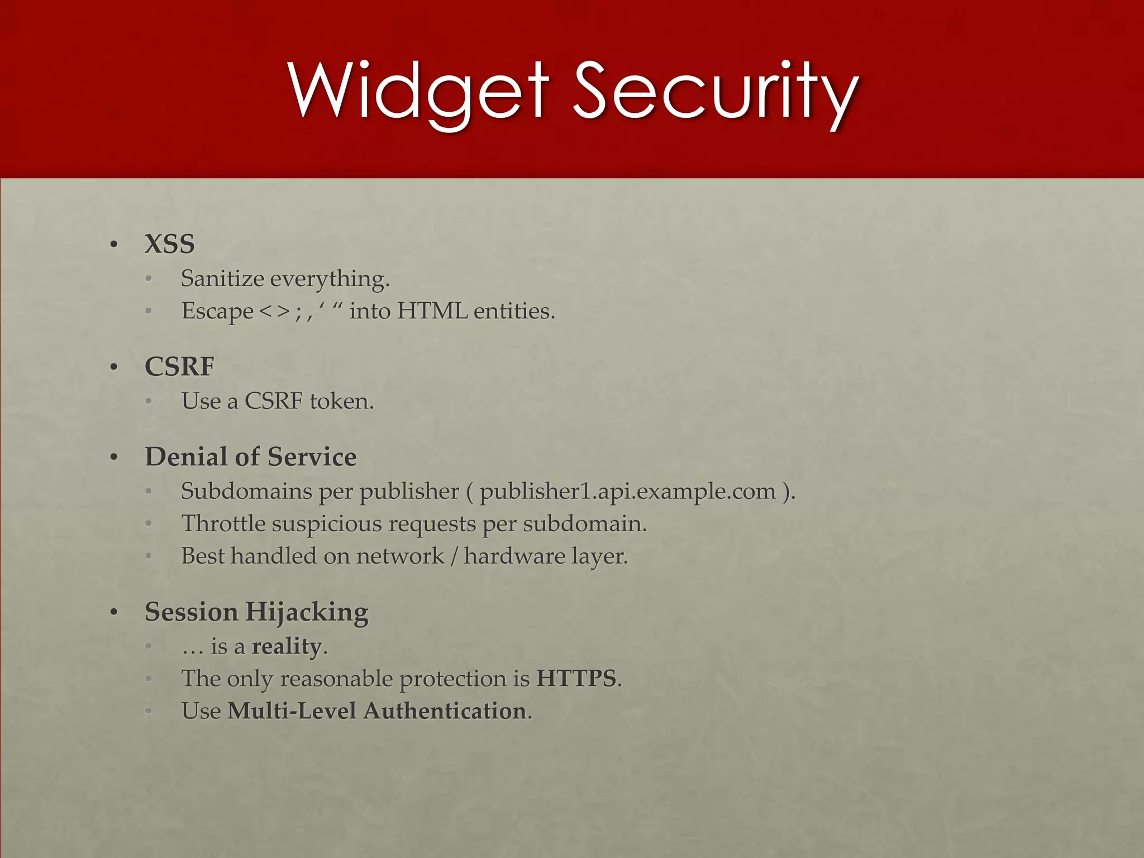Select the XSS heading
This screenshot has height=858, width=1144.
(169, 244)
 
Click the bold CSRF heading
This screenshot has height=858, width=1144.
(179, 366)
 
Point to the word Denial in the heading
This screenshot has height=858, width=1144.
(186, 456)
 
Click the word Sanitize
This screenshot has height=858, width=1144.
(222, 278)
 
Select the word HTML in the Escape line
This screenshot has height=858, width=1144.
(432, 311)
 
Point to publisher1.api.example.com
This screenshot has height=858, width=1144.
(628, 492)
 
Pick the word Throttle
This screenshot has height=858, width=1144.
(223, 523)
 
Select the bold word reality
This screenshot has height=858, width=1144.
(286, 646)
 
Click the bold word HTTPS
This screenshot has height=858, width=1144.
(576, 679)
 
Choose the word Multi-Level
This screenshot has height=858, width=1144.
(292, 711)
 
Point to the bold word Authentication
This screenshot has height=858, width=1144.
(445, 711)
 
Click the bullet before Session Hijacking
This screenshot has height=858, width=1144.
(114, 612)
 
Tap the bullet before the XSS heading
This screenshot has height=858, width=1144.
(114, 245)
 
